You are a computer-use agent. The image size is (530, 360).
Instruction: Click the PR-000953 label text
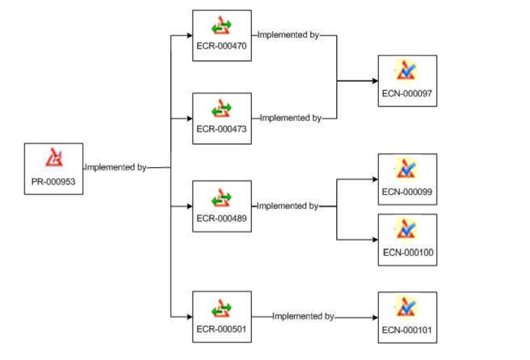[x=54, y=183]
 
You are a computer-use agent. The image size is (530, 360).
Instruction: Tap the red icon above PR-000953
[x=54, y=158]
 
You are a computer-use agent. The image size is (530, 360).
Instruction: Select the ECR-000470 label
[x=222, y=47]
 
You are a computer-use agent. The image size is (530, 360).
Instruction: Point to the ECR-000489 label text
[x=222, y=218]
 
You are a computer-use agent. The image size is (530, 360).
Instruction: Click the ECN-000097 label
[x=407, y=94]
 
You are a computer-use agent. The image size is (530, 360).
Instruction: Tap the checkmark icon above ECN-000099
[x=406, y=169]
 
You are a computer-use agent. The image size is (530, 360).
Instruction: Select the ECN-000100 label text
[x=408, y=253]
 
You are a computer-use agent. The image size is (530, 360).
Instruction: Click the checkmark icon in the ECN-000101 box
[x=406, y=307]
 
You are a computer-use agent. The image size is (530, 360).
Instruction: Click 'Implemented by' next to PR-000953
[x=115, y=168]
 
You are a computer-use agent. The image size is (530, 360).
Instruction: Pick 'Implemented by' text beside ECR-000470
[x=288, y=35]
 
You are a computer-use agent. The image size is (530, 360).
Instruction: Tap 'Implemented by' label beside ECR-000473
[x=290, y=118]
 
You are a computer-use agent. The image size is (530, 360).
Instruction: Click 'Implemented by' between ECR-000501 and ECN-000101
[x=303, y=316]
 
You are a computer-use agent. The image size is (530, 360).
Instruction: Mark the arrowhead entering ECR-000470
[x=189, y=36]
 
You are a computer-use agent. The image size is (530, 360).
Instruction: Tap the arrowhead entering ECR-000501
[x=189, y=316]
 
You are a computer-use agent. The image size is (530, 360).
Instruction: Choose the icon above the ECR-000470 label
[x=222, y=25]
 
